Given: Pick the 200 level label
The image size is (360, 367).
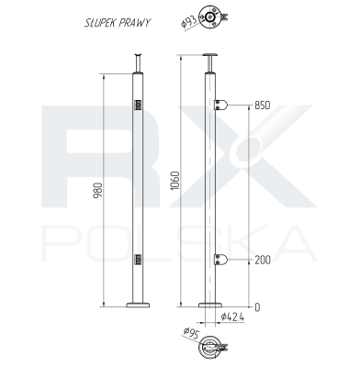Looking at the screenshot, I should (263, 261).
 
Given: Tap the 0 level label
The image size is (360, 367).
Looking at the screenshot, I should (257, 306).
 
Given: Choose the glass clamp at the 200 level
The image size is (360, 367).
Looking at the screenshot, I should (220, 261).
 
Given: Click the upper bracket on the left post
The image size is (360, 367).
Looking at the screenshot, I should (138, 106).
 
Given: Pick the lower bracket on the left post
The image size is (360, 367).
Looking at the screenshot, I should (138, 261).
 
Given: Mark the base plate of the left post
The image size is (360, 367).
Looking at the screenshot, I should (141, 304).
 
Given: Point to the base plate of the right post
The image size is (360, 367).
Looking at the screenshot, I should (212, 304).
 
